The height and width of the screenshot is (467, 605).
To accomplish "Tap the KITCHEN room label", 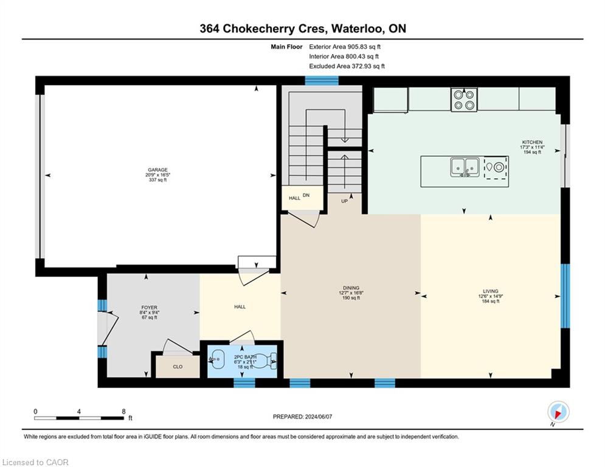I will [x=531, y=142].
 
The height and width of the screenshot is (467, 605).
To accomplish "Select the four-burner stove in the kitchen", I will [x=463, y=100].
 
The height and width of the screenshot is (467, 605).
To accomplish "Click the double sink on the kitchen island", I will [x=463, y=167].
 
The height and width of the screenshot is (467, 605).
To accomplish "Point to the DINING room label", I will [x=351, y=288].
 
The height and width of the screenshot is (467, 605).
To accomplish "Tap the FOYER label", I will [x=148, y=308].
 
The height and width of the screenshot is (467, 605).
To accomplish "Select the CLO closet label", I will [x=177, y=367].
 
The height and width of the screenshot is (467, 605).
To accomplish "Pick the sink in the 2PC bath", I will [x=217, y=359].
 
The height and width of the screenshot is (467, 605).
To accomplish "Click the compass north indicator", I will [x=558, y=412].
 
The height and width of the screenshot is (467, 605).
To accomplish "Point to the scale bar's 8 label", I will [x=123, y=411].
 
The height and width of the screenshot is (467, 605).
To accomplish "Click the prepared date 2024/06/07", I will [x=303, y=417].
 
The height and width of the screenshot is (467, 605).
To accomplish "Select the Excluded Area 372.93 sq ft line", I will [x=347, y=66].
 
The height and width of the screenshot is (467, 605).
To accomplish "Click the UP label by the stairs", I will [x=344, y=201].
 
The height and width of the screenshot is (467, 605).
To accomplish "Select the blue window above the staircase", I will [x=321, y=80].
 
